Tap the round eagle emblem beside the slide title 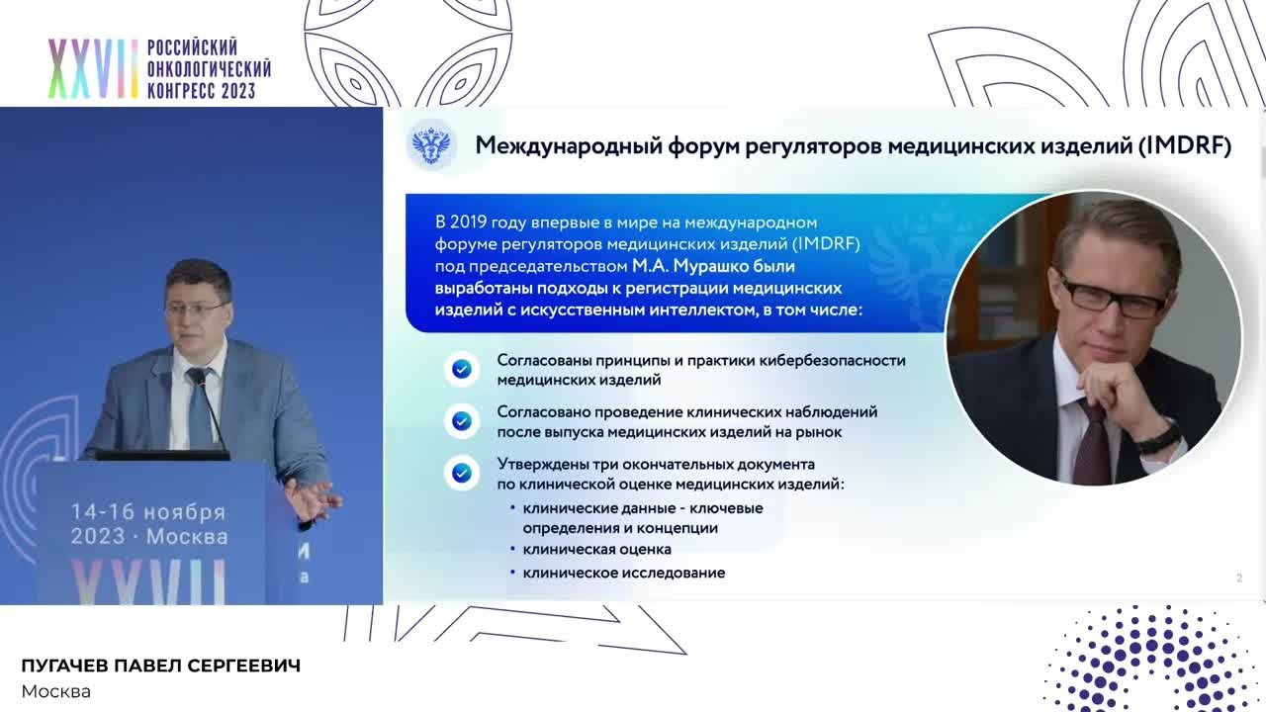[431, 146]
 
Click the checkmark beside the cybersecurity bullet [461, 369]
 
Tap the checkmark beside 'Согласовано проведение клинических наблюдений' [461, 421]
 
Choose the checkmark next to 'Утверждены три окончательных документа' [461, 473]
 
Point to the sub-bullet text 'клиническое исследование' [623, 573]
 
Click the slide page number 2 [1238, 578]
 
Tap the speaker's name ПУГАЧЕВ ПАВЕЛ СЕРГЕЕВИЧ [160, 667]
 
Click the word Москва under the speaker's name [55, 691]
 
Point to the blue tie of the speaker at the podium [200, 409]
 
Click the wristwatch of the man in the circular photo [1158, 436]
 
